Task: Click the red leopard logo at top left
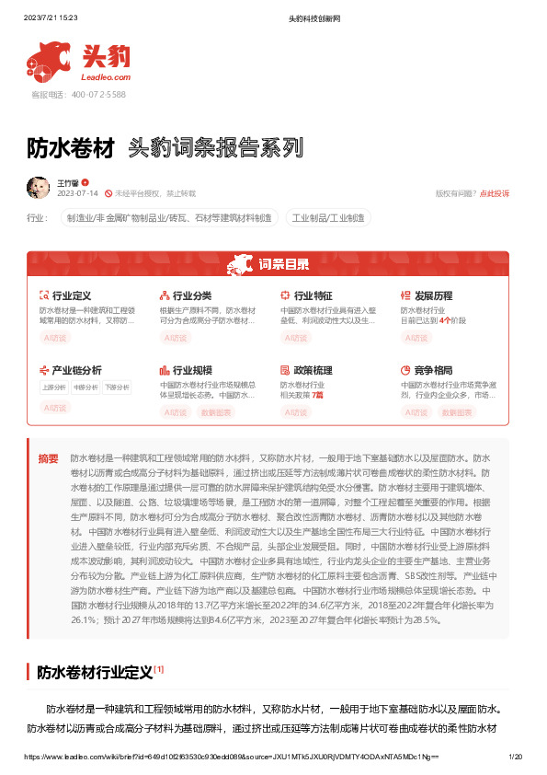click(x=51, y=60)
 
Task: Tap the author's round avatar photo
click(x=38, y=188)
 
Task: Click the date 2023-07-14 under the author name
click(x=77, y=194)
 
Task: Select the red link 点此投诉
click(x=495, y=193)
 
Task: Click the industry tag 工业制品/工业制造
click(x=329, y=218)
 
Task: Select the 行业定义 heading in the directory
click(x=71, y=295)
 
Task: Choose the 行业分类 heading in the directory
click(x=192, y=295)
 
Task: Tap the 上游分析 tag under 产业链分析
click(x=54, y=387)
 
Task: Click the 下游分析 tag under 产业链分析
click(x=117, y=387)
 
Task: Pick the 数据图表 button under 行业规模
click(x=217, y=412)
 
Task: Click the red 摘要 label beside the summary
click(x=48, y=457)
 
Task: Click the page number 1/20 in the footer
click(x=516, y=756)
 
